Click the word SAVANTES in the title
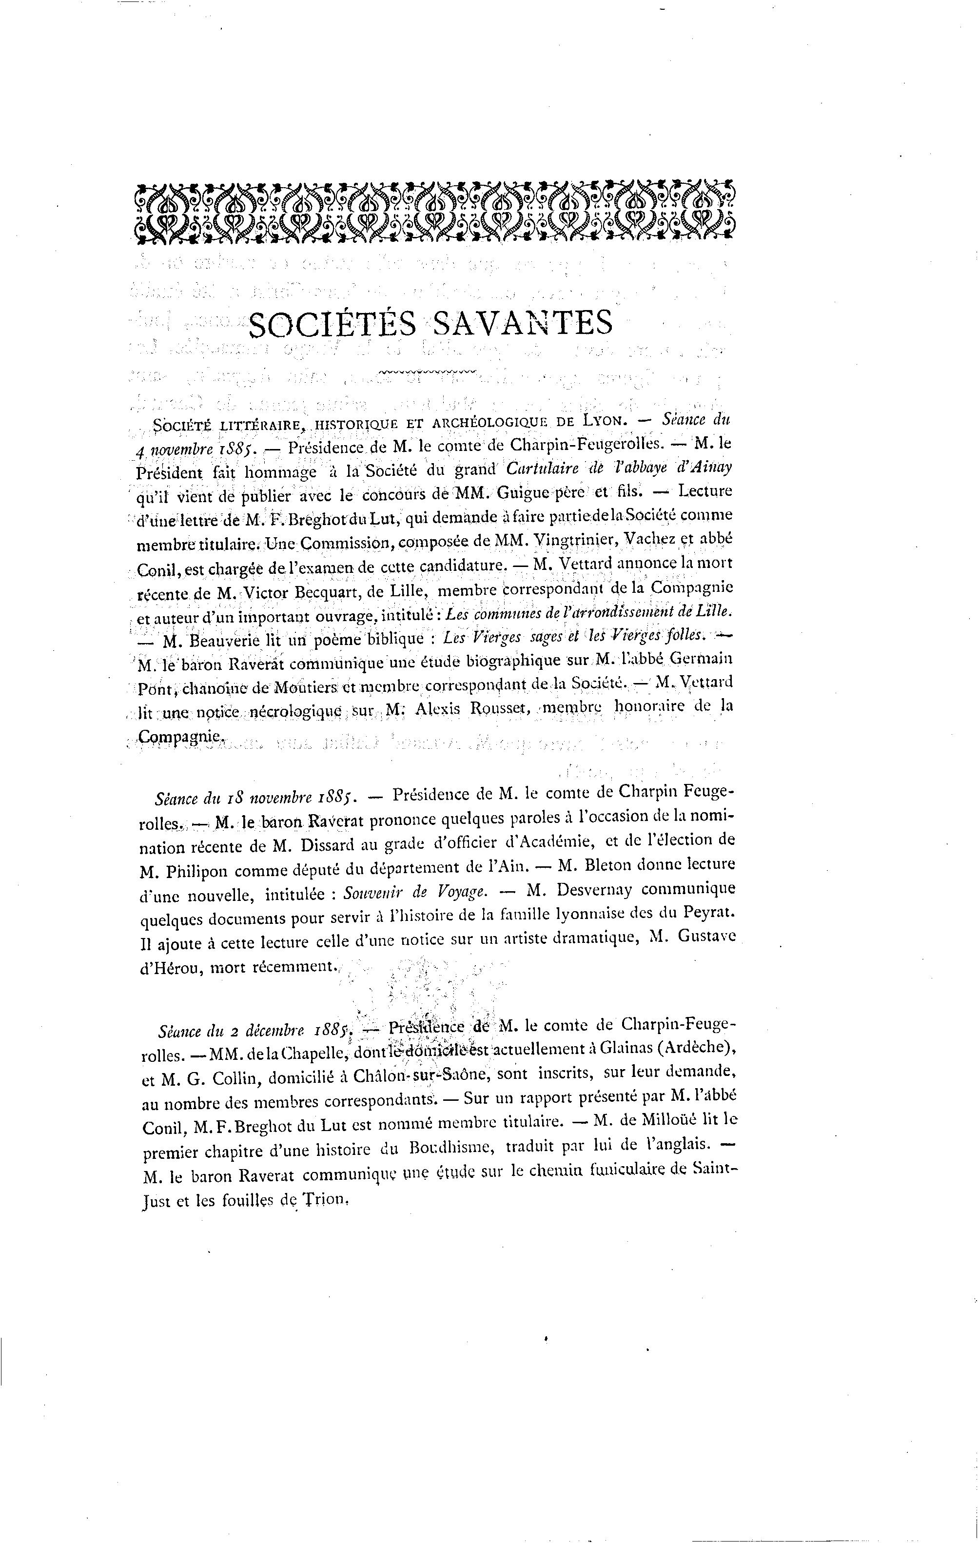click(x=522, y=324)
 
